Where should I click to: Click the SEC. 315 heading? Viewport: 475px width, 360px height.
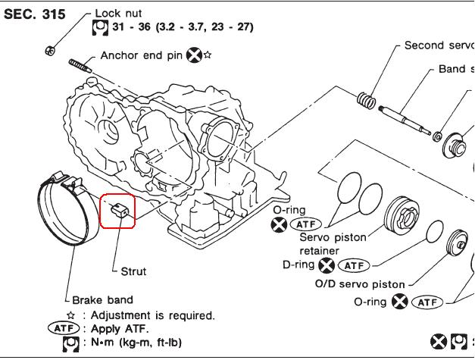point(35,14)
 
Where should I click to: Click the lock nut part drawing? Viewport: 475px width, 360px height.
point(50,50)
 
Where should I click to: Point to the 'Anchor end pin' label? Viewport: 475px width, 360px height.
point(142,55)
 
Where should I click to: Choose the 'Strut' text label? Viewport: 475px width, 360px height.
point(133,271)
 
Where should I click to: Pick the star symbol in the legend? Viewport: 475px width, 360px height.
point(70,315)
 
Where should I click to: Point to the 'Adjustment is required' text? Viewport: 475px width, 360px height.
point(152,315)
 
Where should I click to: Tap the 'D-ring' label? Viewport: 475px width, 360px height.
point(298,265)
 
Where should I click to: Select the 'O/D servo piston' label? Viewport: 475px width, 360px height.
point(360,284)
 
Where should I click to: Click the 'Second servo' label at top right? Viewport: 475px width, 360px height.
point(439,45)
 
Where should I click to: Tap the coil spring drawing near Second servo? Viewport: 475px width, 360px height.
point(365,99)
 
